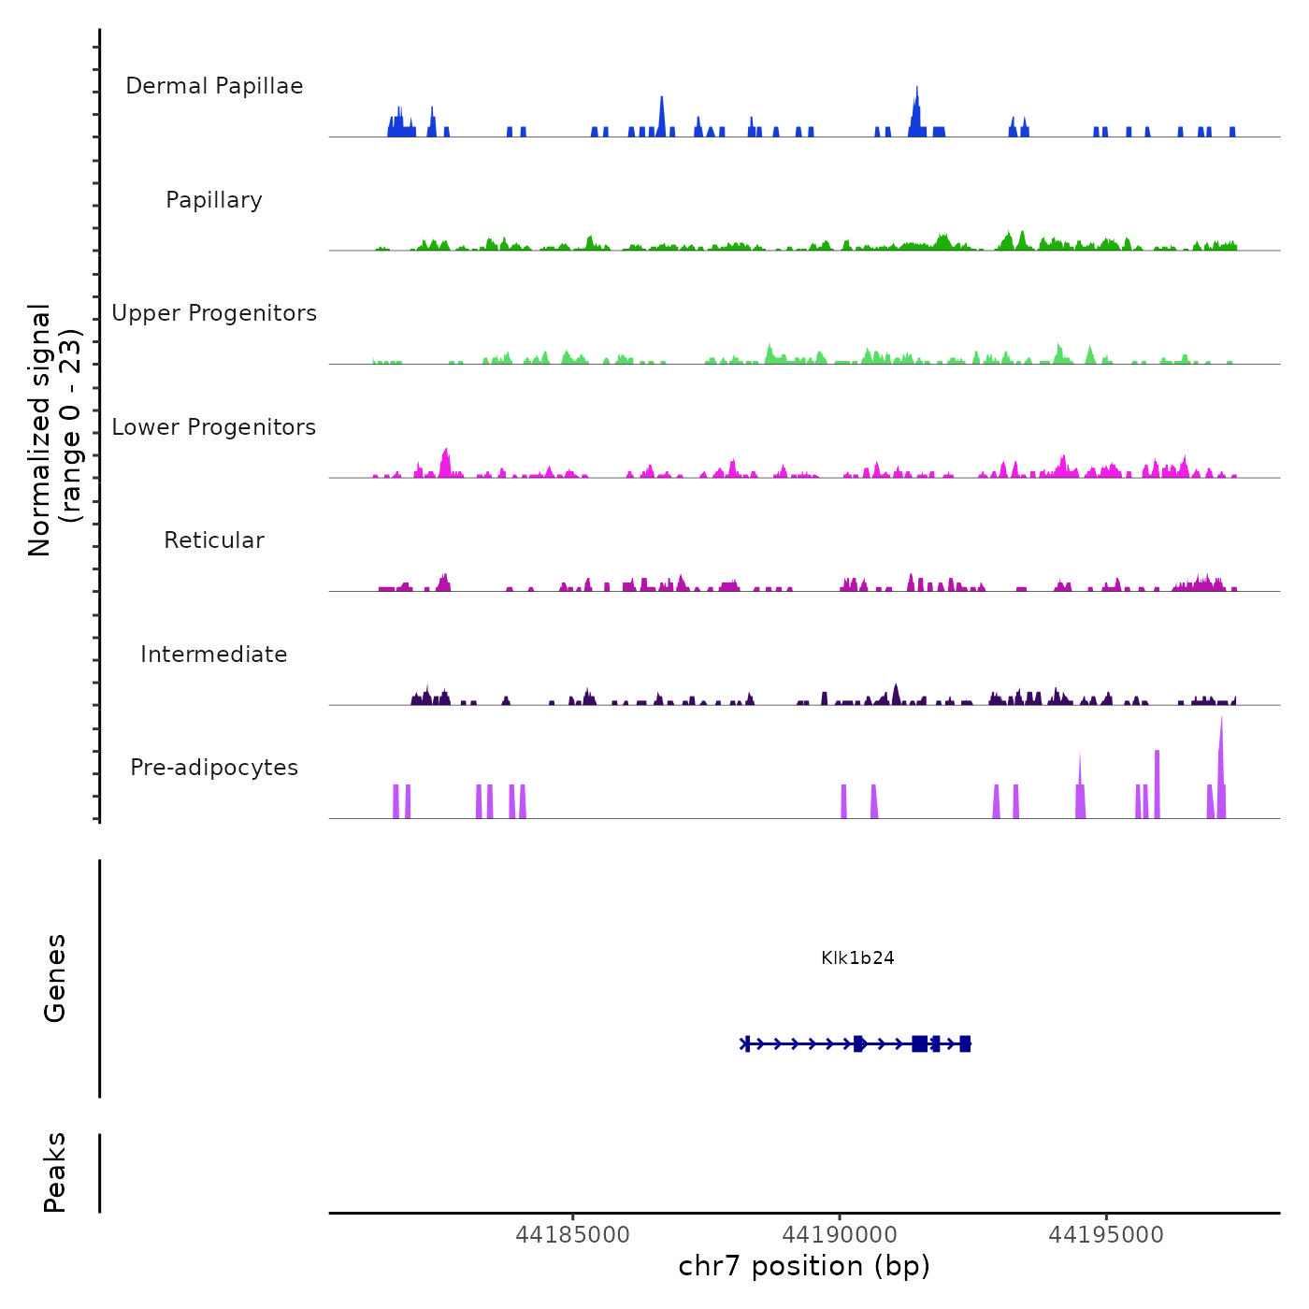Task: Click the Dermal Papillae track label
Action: [214, 86]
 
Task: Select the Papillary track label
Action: [214, 200]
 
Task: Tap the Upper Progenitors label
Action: [214, 313]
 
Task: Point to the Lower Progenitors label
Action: [214, 427]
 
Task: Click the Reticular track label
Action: [214, 540]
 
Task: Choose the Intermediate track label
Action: [214, 654]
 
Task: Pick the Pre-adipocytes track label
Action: [214, 768]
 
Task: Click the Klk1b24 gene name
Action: [857, 957]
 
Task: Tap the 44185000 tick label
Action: [572, 1235]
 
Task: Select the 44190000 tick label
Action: [840, 1235]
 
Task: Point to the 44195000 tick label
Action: [1106, 1235]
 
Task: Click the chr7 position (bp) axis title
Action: [804, 1266]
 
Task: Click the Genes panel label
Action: [55, 978]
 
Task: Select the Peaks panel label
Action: [55, 1172]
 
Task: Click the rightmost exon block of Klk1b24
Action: [965, 1043]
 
